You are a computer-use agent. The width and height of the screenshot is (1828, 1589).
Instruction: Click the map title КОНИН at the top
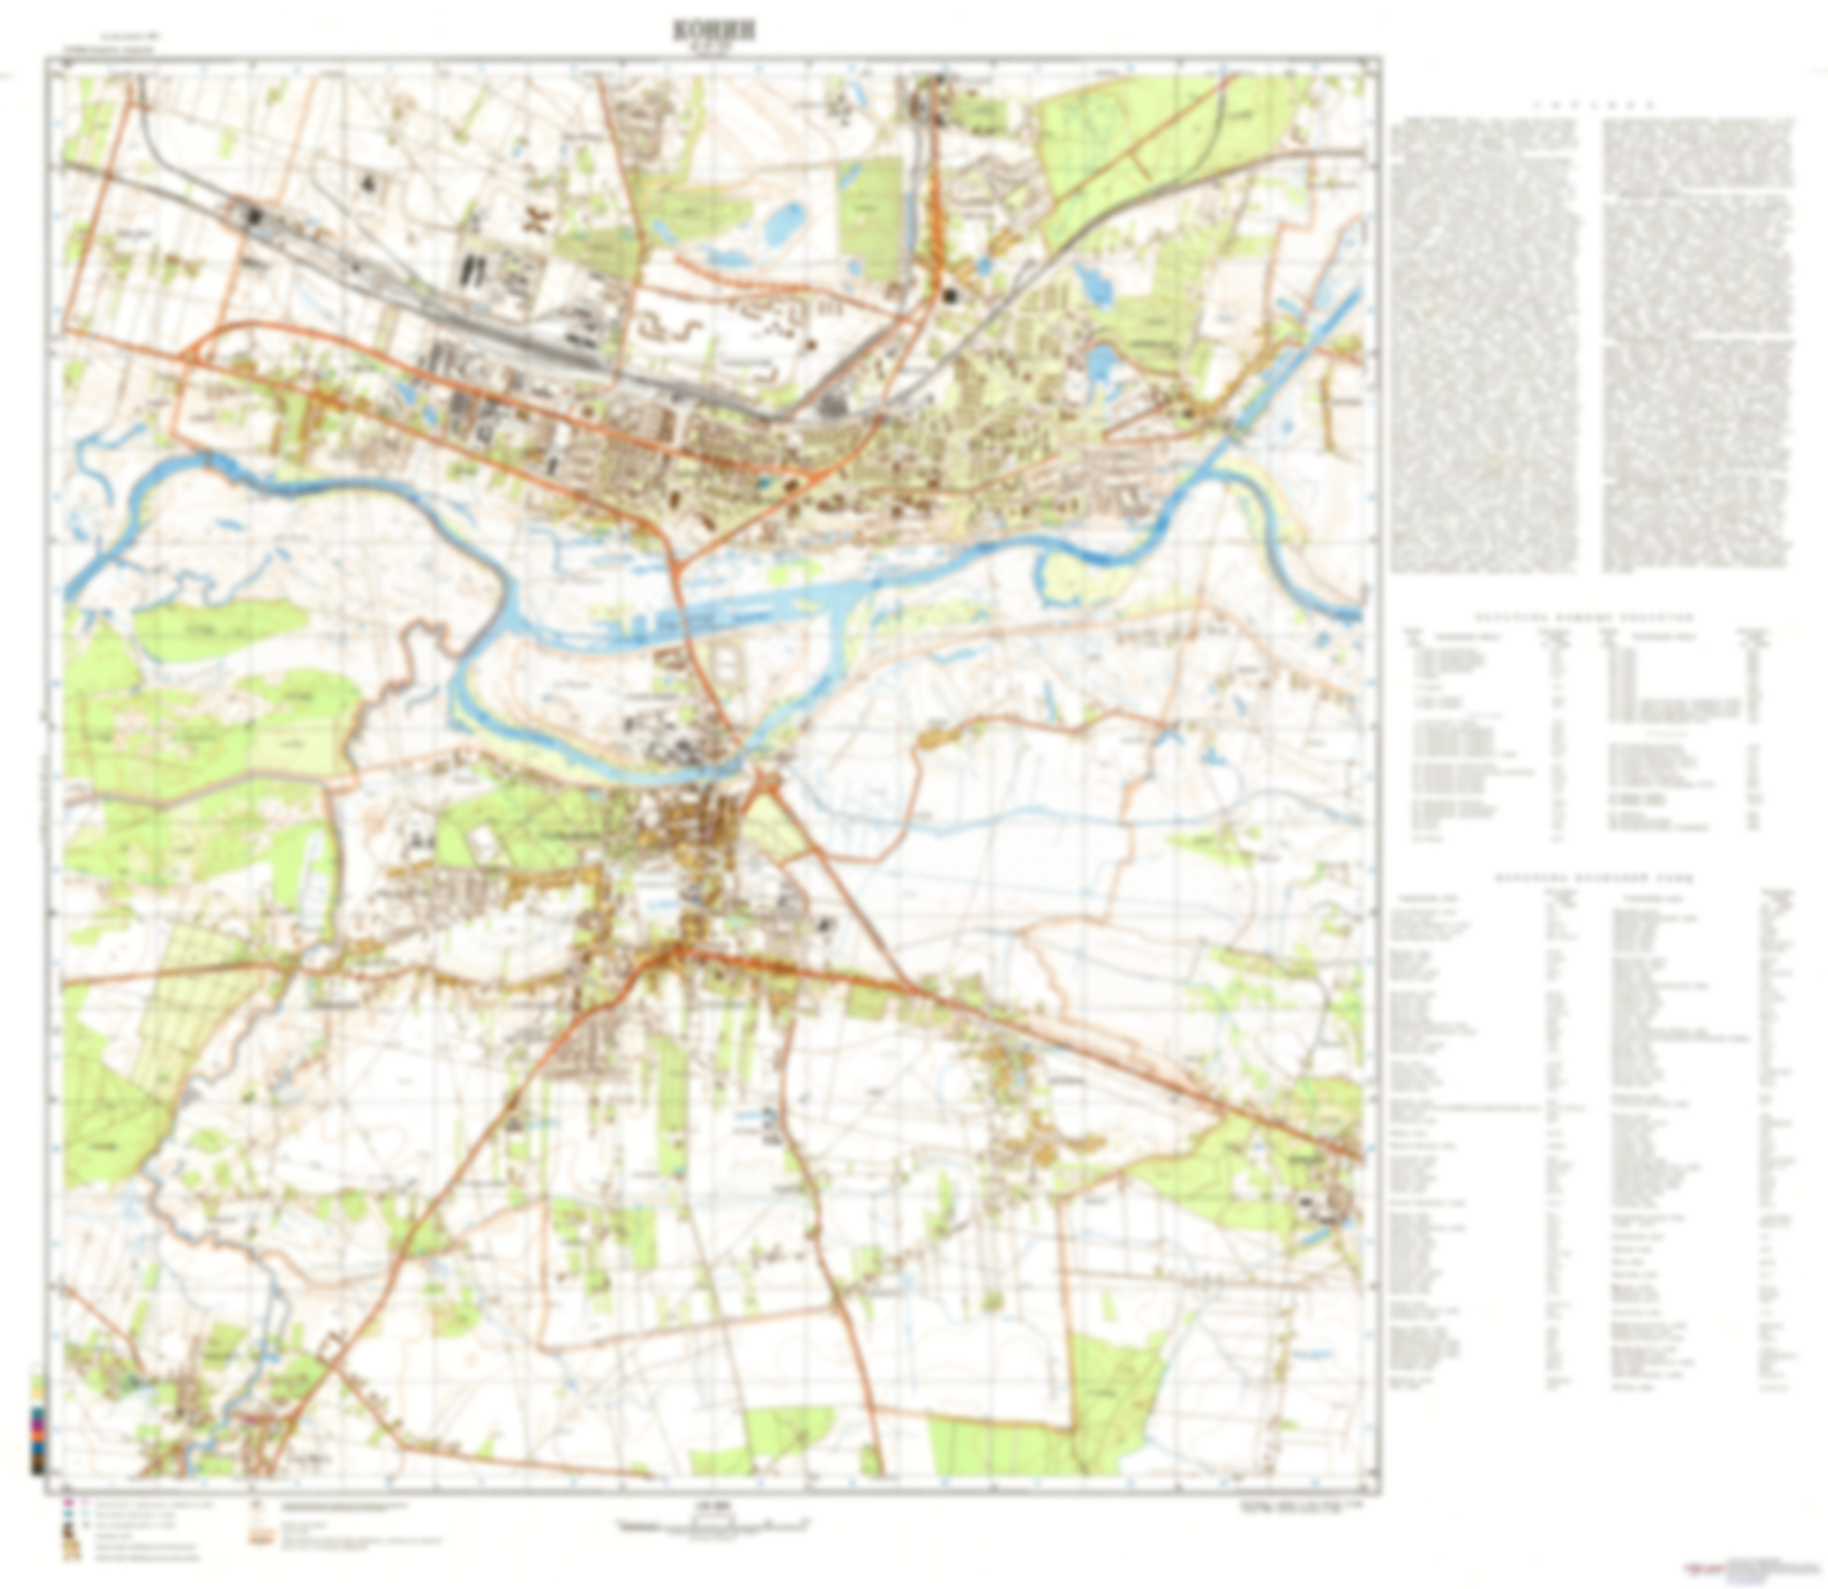coord(714,30)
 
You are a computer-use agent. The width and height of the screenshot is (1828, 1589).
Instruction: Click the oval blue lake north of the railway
coord(785,222)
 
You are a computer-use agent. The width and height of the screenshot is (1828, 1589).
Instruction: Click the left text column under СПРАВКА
coord(1484,346)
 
